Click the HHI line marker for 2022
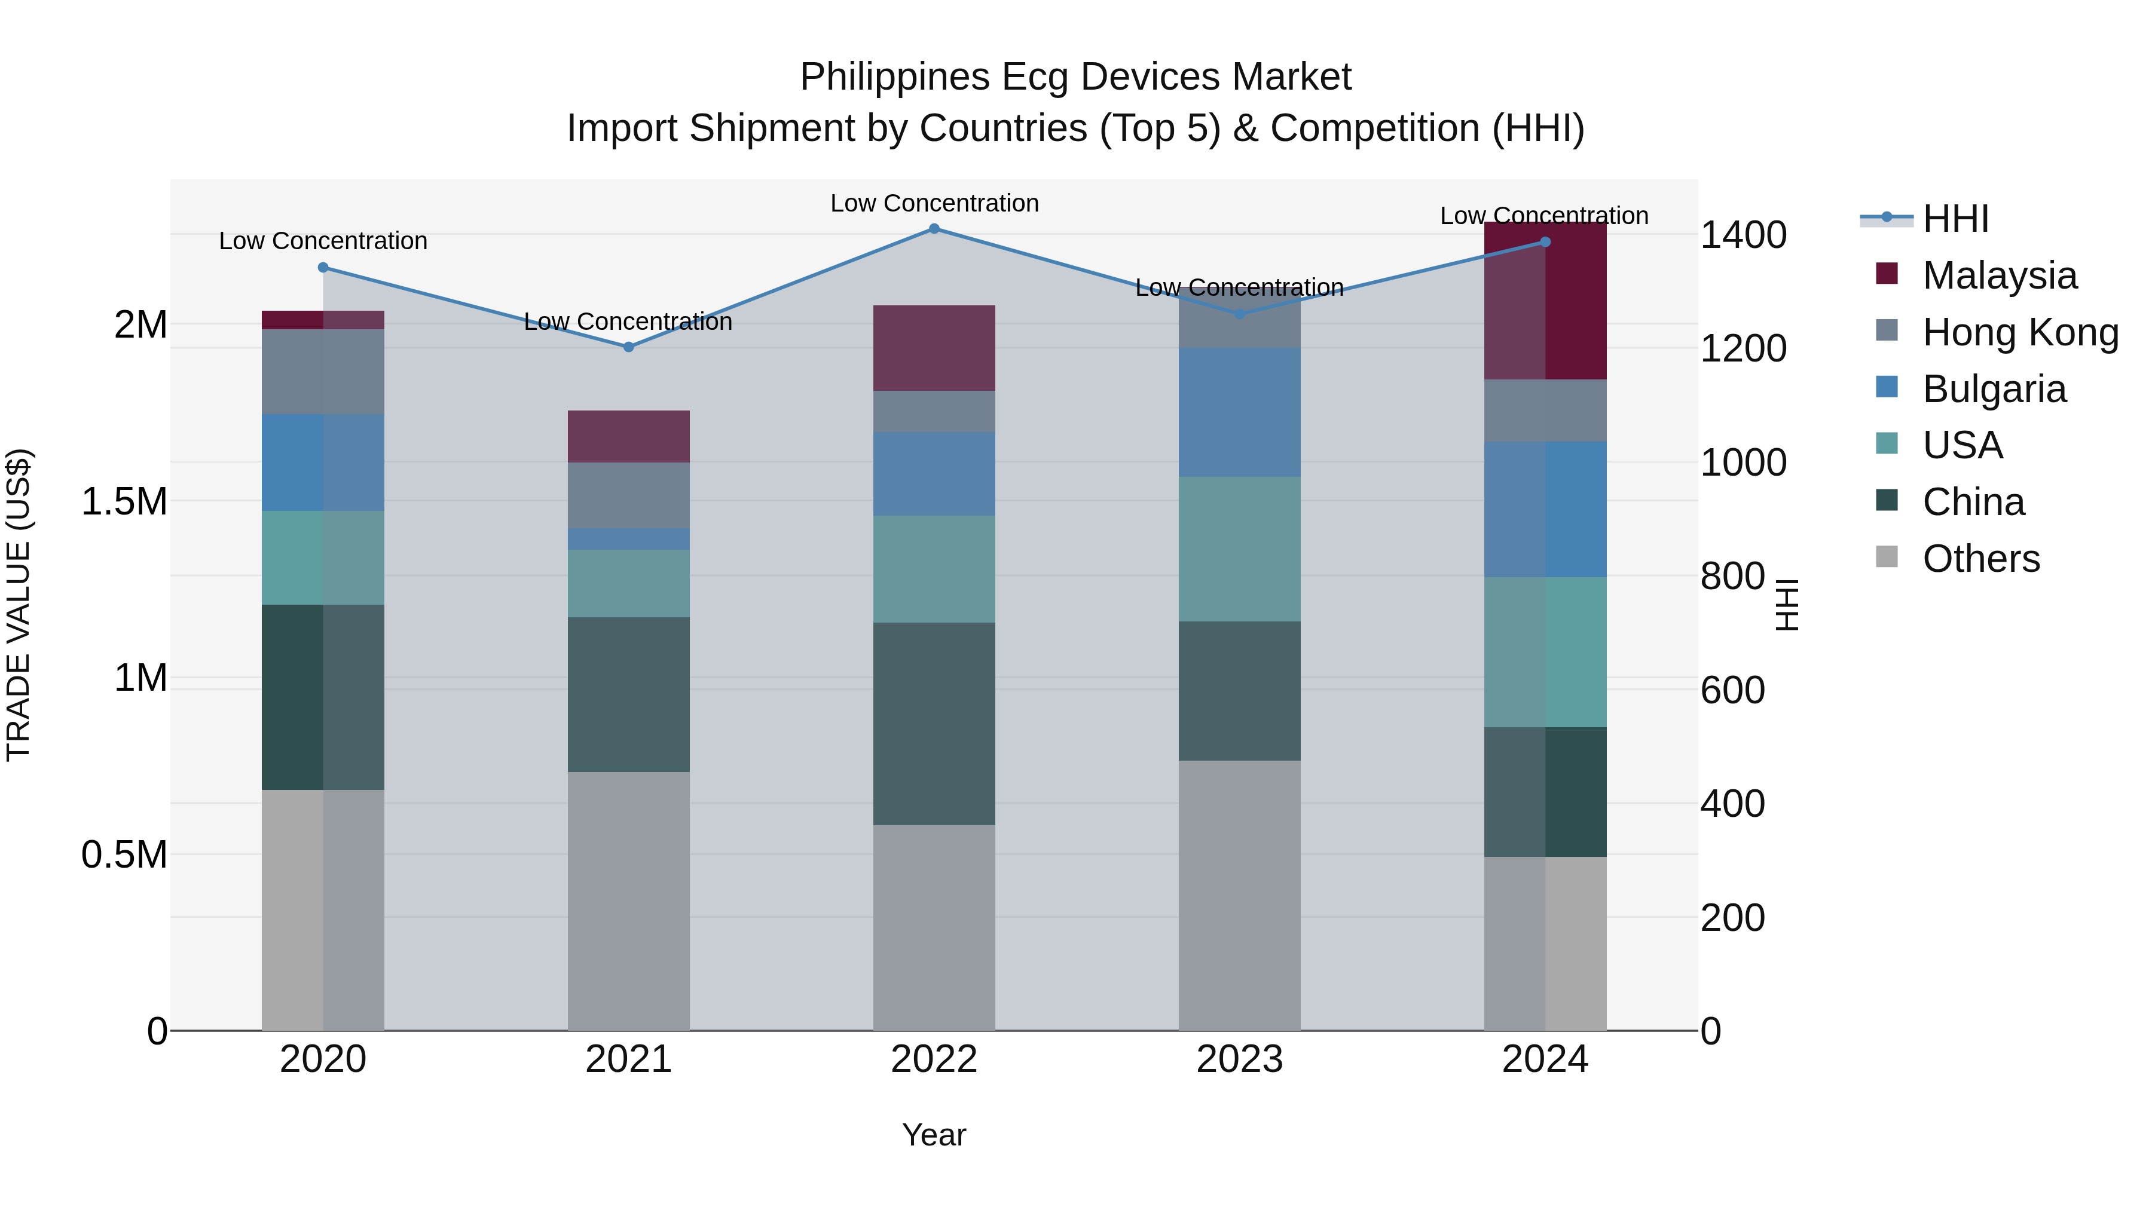pyautogui.click(x=934, y=229)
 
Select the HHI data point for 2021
pyautogui.click(x=629, y=347)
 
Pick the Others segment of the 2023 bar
pyautogui.click(x=1239, y=895)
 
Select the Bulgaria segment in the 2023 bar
pyautogui.click(x=1239, y=412)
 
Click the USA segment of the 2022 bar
pyautogui.click(x=934, y=569)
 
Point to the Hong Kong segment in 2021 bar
pyautogui.click(x=629, y=495)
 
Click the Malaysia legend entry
pyautogui.click(x=1998, y=275)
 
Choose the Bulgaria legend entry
pyautogui.click(x=1993, y=389)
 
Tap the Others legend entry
pyautogui.click(x=1980, y=559)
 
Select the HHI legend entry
pyautogui.click(x=1955, y=219)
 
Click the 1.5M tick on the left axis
pyautogui.click(x=124, y=502)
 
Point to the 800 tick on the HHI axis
pyautogui.click(x=1732, y=576)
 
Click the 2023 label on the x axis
pyautogui.click(x=1239, y=1059)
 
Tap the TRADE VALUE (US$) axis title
pyautogui.click(x=19, y=605)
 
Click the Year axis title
pyautogui.click(x=934, y=1135)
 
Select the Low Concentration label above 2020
pyautogui.click(x=323, y=241)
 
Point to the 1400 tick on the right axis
pyautogui.click(x=1744, y=235)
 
